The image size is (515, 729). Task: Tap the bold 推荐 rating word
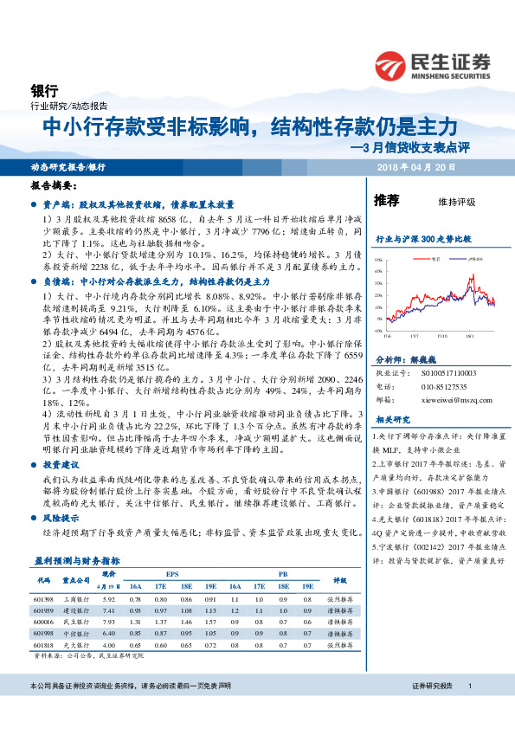point(386,200)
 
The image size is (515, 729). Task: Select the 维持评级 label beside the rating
point(457,202)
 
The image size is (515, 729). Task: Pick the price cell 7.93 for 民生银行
point(108,621)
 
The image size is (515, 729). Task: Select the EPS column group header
point(172,574)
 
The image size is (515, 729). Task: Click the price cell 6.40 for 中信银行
point(108,633)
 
